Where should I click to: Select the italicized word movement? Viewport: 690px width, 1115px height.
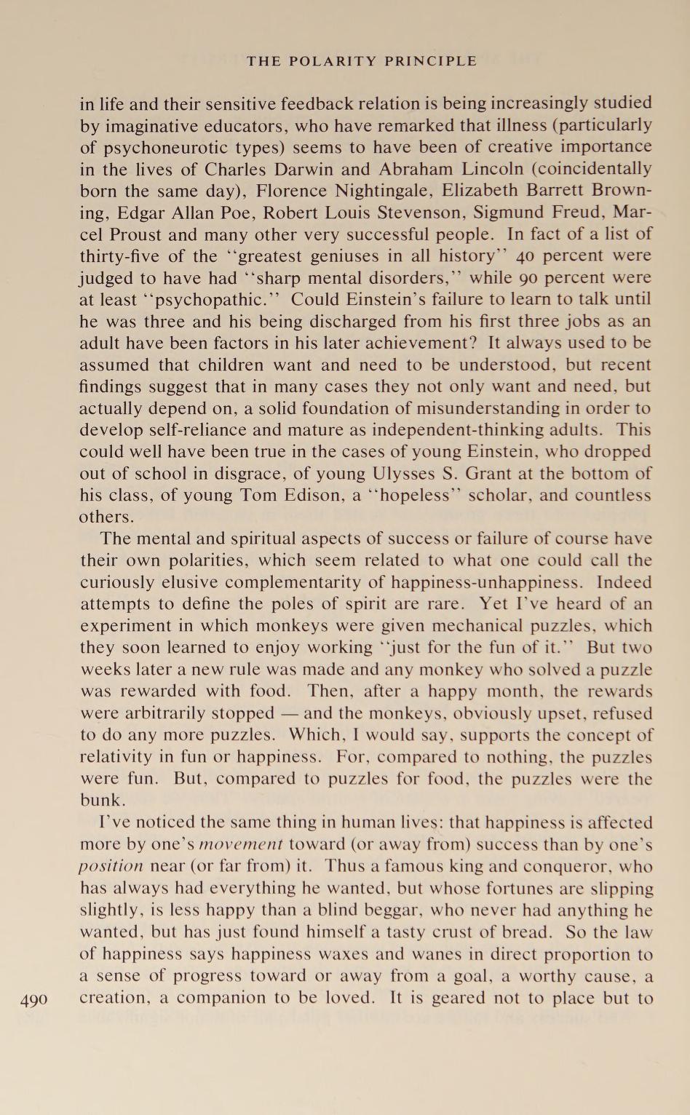click(x=241, y=845)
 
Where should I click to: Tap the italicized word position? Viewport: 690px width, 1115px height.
click(x=111, y=867)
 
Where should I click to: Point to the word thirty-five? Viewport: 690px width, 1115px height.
click(x=117, y=256)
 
